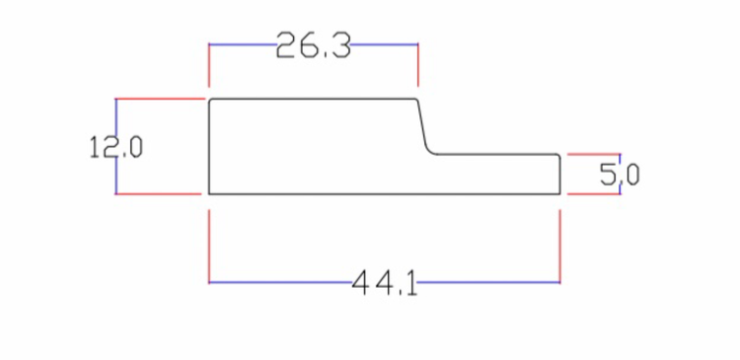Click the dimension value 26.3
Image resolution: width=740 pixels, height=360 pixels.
point(314,45)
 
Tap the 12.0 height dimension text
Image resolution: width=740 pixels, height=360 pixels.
point(115,147)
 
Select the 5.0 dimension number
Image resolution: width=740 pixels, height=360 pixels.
point(620,175)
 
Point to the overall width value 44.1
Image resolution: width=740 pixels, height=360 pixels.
point(385,283)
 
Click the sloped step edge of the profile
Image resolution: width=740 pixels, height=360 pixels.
point(422,123)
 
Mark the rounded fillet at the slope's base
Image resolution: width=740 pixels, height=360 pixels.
point(430,151)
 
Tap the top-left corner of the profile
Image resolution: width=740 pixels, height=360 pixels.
point(209,99)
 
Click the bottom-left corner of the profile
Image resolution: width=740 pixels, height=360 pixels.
point(209,193)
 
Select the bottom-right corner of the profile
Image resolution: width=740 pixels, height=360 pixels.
point(559,193)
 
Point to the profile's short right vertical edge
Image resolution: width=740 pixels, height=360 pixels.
point(559,174)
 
